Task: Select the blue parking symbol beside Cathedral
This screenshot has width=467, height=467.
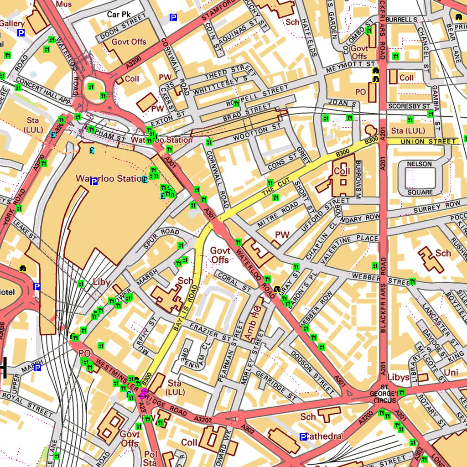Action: click(303, 437)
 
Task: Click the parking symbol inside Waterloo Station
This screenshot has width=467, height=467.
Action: click(94, 182)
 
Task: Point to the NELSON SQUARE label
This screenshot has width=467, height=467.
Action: click(420, 178)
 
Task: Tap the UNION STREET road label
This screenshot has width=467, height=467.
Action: click(422, 142)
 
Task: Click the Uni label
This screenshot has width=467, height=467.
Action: click(451, 373)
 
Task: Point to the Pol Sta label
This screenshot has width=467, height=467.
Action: click(150, 458)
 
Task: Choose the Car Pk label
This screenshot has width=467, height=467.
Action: click(119, 15)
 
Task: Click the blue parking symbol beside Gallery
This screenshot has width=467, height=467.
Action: click(21, 33)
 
